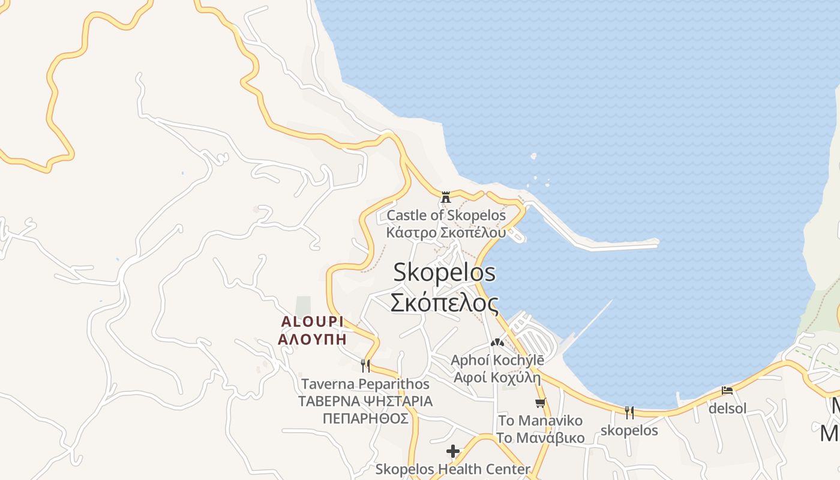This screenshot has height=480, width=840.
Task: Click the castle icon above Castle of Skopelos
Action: [x=446, y=197]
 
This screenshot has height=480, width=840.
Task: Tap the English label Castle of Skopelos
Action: [x=446, y=215]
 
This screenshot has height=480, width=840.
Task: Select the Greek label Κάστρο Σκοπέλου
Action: [x=446, y=232]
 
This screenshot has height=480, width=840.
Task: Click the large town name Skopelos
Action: [x=445, y=272]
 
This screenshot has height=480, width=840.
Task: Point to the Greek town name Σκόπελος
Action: [x=444, y=302]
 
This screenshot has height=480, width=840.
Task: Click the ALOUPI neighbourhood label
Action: [x=312, y=322]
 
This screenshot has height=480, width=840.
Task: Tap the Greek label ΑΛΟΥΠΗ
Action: [x=312, y=338]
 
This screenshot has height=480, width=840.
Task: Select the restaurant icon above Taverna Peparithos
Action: [x=365, y=365]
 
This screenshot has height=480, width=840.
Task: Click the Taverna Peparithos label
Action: [x=365, y=384]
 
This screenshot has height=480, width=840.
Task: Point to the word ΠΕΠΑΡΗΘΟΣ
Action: [x=365, y=418]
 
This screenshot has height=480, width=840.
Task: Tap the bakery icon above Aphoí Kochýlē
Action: [x=497, y=343]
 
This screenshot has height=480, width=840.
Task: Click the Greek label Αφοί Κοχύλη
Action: [x=497, y=378]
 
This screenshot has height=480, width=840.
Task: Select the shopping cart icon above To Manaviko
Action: [x=541, y=403]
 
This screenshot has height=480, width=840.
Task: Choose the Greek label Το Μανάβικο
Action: [x=540, y=437]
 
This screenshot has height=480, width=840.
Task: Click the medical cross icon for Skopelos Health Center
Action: [x=453, y=451]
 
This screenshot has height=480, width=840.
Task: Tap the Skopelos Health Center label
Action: [x=453, y=469]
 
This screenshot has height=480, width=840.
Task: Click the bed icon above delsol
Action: [x=727, y=391]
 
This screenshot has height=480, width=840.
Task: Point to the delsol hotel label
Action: [x=727, y=409]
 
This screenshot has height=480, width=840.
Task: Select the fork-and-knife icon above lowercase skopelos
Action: [x=629, y=412]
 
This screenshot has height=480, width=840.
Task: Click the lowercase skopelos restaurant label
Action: [x=629, y=431]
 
